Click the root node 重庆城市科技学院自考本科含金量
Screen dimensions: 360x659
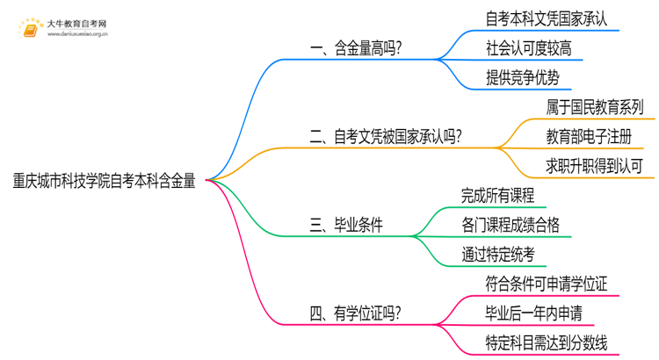click(x=104, y=181)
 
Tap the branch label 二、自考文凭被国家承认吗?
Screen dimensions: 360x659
click(x=387, y=137)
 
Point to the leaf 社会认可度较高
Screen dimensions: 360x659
click(x=529, y=47)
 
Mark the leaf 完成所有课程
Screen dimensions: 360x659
click(x=497, y=196)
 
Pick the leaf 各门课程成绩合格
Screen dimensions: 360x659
click(x=510, y=225)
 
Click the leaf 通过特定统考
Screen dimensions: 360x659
click(x=497, y=254)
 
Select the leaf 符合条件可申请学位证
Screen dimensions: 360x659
click(x=547, y=284)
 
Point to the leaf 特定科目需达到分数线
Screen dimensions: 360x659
click(x=547, y=342)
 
